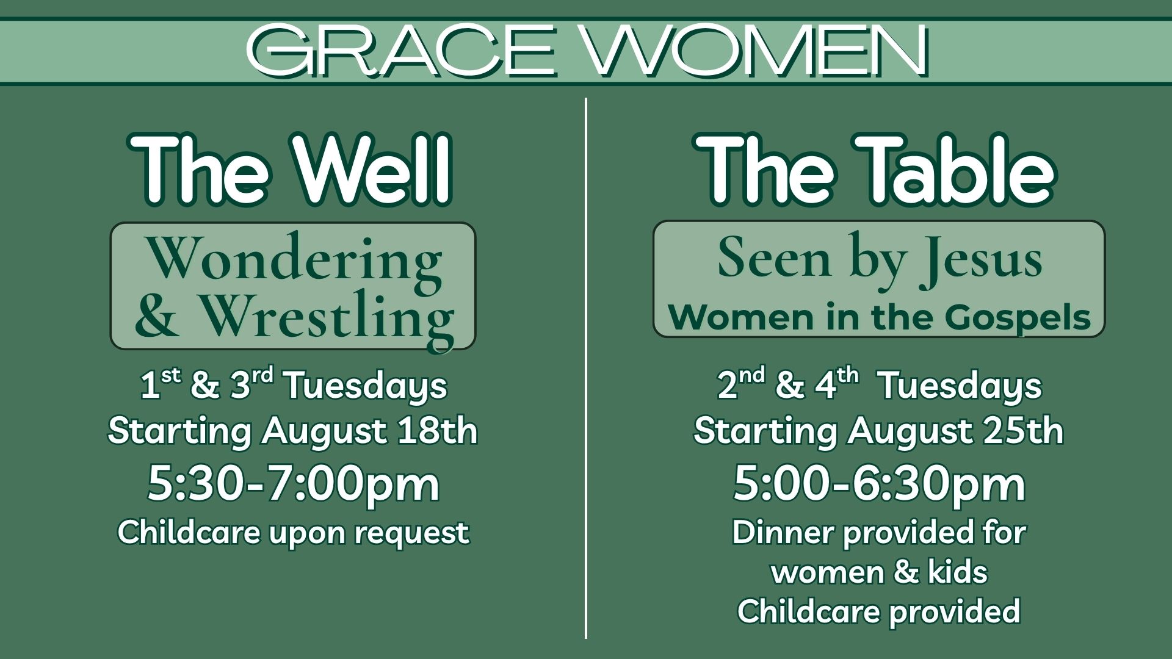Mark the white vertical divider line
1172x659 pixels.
tap(586, 369)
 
